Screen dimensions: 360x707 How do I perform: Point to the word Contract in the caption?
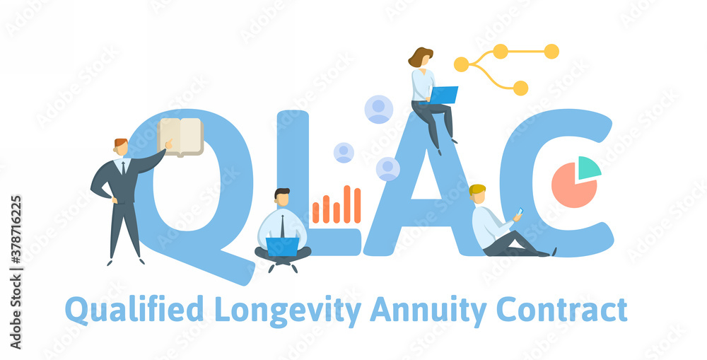click(561, 310)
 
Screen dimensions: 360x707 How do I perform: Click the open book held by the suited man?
click(181, 136)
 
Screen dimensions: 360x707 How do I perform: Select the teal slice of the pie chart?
click(588, 168)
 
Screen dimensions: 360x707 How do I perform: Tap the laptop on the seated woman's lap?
click(443, 95)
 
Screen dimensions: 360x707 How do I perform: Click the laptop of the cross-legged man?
click(283, 246)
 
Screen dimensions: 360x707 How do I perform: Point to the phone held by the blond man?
click(520, 211)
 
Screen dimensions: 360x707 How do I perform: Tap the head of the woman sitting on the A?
click(421, 58)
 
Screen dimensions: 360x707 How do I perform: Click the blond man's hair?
click(477, 189)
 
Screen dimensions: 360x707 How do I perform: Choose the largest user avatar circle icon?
click(379, 109)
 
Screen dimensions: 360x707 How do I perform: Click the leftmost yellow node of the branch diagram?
click(461, 64)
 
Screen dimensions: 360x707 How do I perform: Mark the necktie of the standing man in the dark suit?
click(123, 168)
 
